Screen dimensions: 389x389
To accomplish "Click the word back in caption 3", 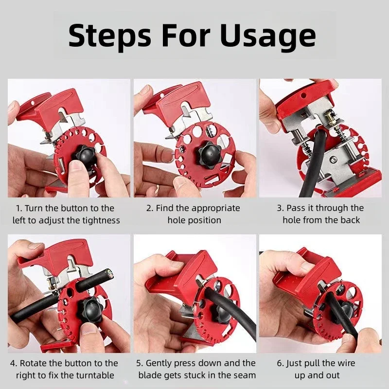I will click(350, 220).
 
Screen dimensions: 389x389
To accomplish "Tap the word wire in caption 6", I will click(345, 363).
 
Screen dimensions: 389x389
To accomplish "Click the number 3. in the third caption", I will click(280, 208).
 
